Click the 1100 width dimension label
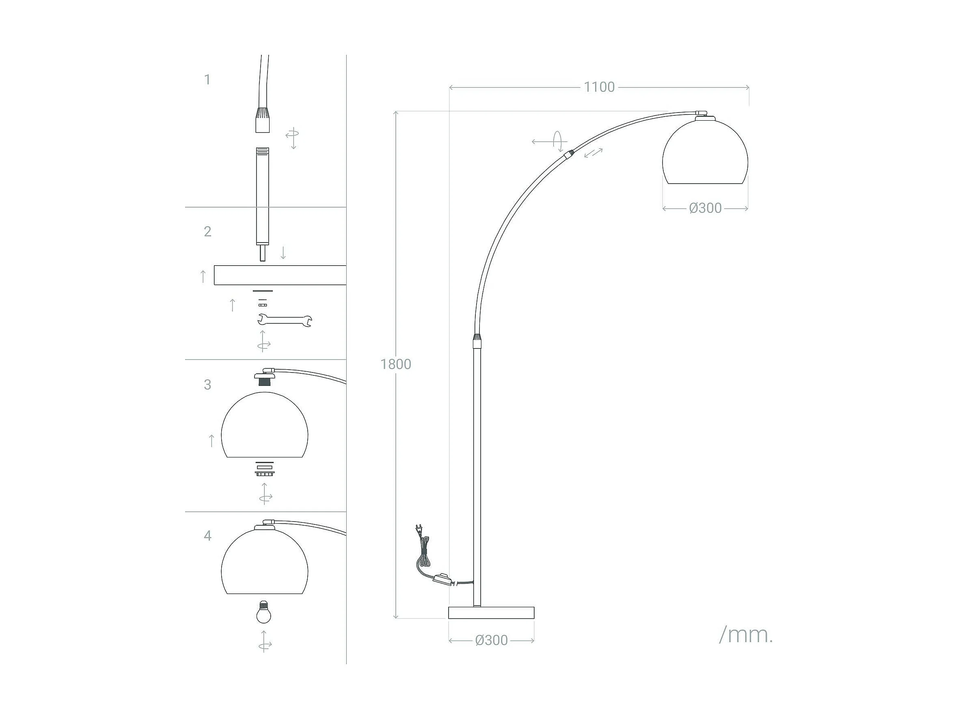(599, 87)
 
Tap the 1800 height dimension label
(395, 364)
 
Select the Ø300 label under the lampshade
(705, 208)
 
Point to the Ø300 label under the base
(491, 641)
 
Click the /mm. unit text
(746, 635)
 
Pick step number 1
(207, 79)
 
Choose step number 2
(207, 232)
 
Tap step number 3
(207, 384)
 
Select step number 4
(207, 536)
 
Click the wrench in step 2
(285, 320)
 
